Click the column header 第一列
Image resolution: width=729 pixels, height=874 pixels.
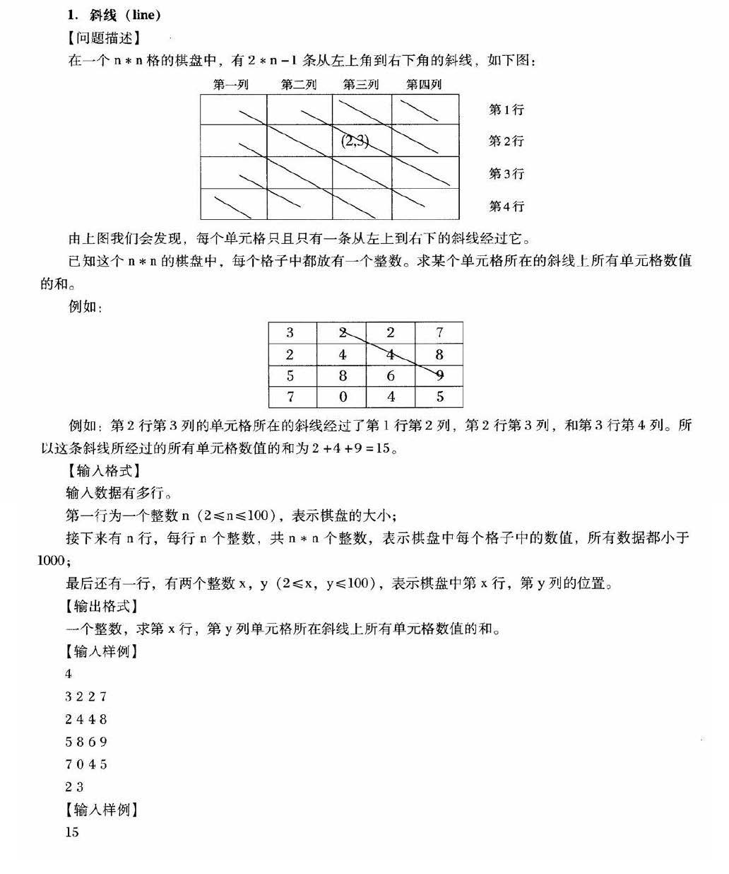pos(230,85)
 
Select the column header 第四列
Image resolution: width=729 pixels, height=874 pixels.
pos(423,85)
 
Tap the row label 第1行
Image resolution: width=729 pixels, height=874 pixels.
pos(506,110)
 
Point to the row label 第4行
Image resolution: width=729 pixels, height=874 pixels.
pos(506,206)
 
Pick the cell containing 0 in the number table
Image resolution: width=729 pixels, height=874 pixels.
pos(343,397)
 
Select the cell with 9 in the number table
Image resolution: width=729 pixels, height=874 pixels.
pos(439,375)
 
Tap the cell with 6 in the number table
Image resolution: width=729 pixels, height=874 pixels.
pos(391,375)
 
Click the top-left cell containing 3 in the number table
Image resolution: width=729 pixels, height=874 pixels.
pos(290,332)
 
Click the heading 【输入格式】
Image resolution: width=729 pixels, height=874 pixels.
pos(103,470)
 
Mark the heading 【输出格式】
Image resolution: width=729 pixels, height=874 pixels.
pos(103,606)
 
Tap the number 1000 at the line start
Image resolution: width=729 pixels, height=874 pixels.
pos(52,561)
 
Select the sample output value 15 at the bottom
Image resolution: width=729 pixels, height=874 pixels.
pos(72,832)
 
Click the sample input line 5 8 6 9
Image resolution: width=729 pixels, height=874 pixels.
pos(86,742)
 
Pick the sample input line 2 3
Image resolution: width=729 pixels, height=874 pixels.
pos(74,786)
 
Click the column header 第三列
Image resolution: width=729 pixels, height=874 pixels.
pos(361,85)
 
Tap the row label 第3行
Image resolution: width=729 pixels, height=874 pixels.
pos(506,174)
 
